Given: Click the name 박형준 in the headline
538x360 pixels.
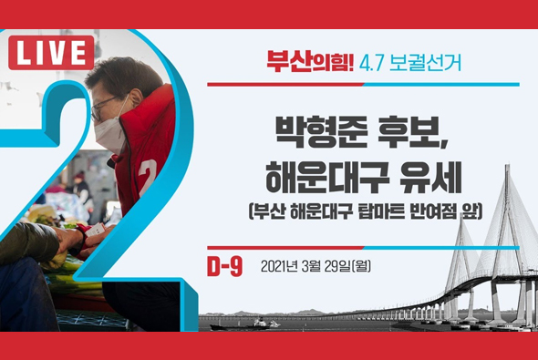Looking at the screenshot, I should point(306,134).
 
